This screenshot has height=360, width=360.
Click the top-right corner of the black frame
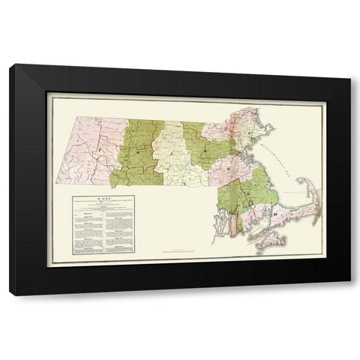point(350,65)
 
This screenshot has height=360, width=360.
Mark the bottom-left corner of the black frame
point(10,295)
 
